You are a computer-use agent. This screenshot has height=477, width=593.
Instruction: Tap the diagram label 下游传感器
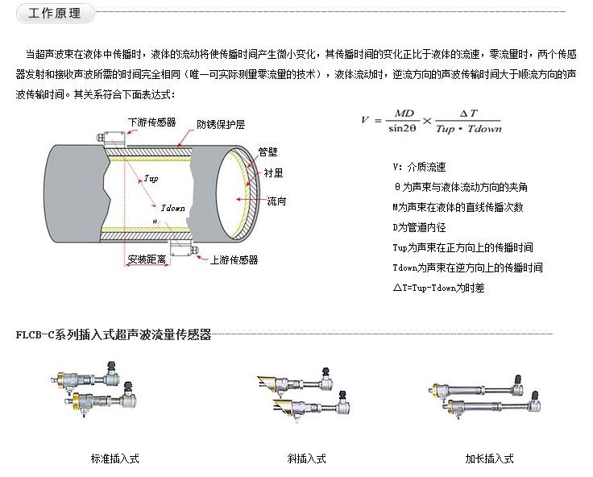tap(152, 122)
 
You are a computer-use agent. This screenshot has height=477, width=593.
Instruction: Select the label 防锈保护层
tap(222, 125)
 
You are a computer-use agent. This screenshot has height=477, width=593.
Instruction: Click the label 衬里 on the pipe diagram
tap(272, 172)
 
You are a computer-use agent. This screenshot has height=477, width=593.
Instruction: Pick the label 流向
tap(276, 201)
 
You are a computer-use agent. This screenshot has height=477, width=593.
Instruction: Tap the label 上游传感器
tap(234, 260)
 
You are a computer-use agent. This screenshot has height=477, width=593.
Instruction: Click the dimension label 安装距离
tap(147, 259)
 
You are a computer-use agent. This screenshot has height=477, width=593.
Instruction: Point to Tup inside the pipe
tap(151, 177)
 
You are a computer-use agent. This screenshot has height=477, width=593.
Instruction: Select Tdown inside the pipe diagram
tap(172, 209)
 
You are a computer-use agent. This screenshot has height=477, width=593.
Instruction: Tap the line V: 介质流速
tap(419, 167)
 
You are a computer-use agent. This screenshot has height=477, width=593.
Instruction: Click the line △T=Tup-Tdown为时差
tap(437, 288)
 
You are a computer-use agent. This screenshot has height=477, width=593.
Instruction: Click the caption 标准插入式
tap(115, 458)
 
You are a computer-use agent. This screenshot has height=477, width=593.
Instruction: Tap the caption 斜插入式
tap(307, 458)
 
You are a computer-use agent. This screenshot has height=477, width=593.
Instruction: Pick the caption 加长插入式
tap(489, 458)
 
